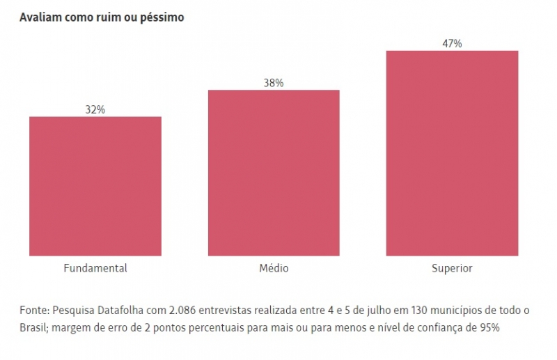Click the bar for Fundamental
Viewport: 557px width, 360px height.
[x=95, y=186]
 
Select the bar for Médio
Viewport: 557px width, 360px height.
[x=274, y=173]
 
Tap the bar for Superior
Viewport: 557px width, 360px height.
[x=452, y=153]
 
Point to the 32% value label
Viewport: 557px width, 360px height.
[x=95, y=109]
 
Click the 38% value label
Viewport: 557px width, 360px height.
[x=274, y=83]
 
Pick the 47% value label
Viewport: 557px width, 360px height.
[x=452, y=43]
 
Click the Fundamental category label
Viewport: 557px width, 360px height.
[x=95, y=268]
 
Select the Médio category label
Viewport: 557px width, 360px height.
[x=274, y=268]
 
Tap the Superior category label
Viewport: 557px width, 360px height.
[x=452, y=268]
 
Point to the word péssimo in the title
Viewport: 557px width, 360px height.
[x=163, y=17]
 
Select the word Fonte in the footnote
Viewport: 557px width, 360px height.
[x=33, y=311]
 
